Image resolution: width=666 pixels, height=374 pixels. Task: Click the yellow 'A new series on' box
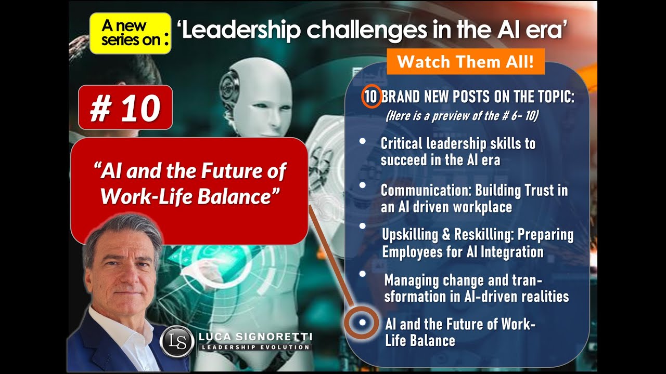tap(130, 34)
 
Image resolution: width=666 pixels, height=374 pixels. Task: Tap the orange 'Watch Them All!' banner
tap(465, 62)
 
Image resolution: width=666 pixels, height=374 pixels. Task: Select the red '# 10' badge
tap(125, 108)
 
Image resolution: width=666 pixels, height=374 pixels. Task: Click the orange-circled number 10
tap(370, 97)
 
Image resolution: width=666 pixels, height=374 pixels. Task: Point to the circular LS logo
tap(177, 341)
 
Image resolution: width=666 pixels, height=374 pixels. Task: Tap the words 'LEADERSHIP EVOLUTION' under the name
tap(255, 348)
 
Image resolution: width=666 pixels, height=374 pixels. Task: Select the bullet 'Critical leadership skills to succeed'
tap(458, 151)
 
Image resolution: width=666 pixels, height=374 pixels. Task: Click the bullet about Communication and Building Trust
tap(473, 198)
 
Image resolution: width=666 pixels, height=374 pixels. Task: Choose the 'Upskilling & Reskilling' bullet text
tap(477, 243)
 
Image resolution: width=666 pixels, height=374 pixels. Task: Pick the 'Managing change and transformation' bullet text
tap(476, 288)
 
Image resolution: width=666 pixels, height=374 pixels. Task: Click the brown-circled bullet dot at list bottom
tap(362, 323)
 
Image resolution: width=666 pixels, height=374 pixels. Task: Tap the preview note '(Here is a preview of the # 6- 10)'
tap(462, 116)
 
